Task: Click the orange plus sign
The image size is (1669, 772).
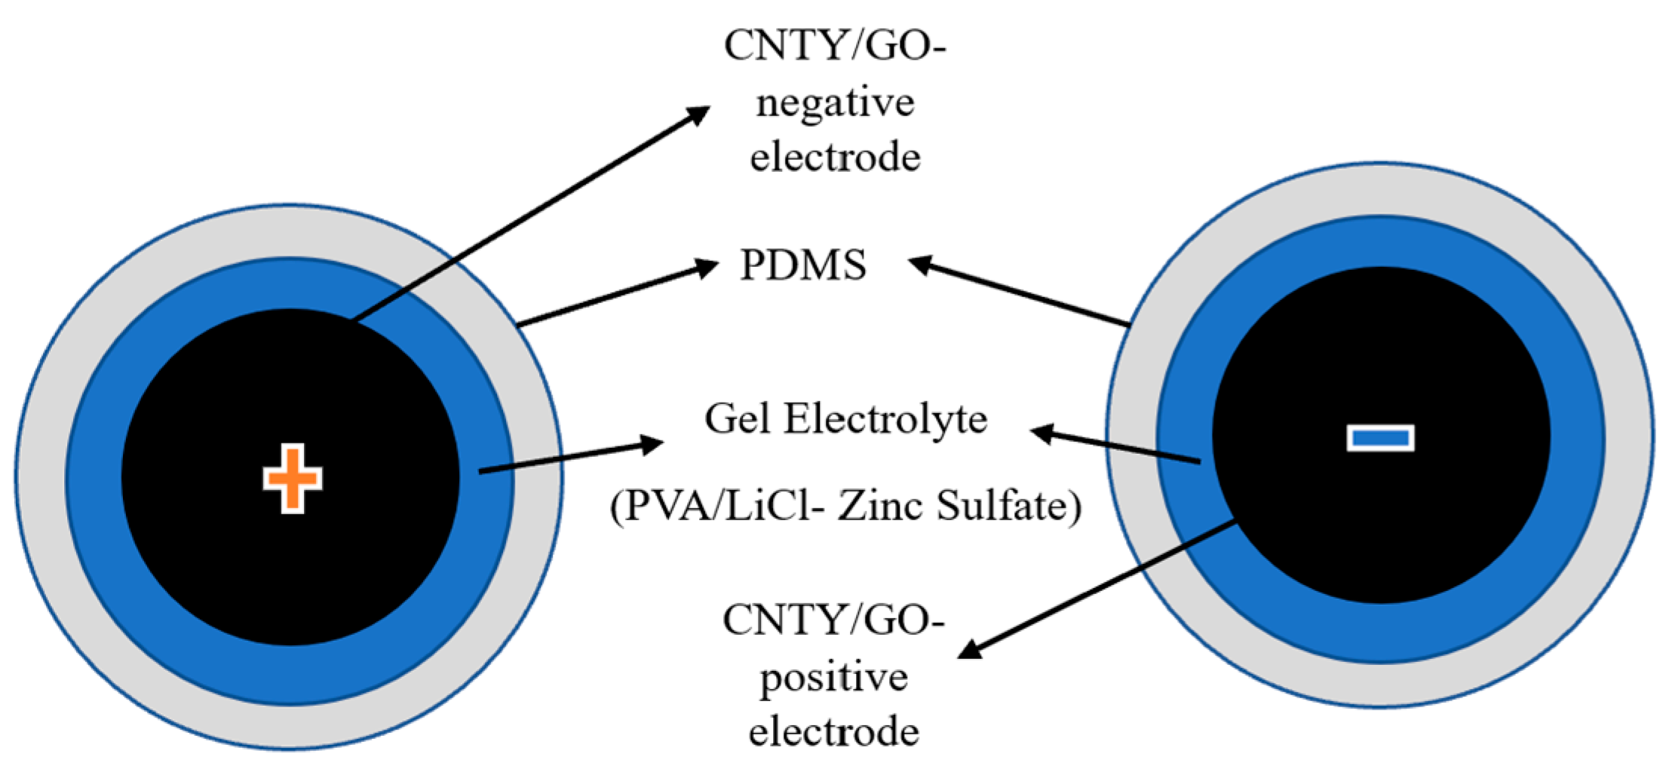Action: click(293, 479)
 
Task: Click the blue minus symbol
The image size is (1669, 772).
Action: click(1380, 437)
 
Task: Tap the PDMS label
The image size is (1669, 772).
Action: click(803, 265)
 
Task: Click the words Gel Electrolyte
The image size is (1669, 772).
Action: click(845, 419)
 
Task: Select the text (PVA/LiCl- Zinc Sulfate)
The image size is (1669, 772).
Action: click(845, 506)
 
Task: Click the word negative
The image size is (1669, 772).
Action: click(835, 103)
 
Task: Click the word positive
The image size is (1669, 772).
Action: click(833, 677)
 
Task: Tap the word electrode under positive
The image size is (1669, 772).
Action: click(833, 732)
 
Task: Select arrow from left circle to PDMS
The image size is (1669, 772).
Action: click(615, 296)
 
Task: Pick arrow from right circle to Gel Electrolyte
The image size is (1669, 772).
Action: click(1116, 446)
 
